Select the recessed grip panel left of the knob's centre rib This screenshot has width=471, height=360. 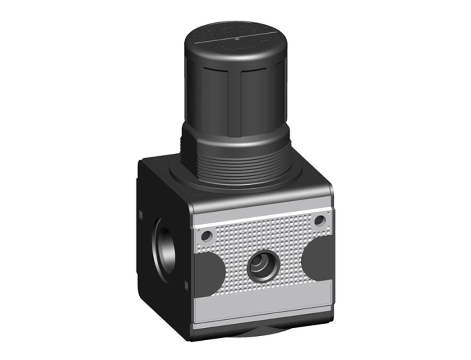215,101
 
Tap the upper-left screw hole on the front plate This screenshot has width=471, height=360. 206,236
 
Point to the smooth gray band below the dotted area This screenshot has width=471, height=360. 264,305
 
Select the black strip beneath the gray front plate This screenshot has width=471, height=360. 264,327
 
